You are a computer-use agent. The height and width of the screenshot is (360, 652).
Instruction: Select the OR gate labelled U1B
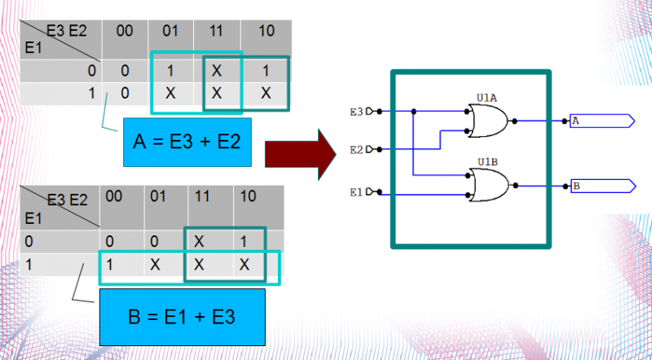tap(488, 185)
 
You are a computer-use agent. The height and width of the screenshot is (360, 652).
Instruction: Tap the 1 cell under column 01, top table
tap(170, 71)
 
